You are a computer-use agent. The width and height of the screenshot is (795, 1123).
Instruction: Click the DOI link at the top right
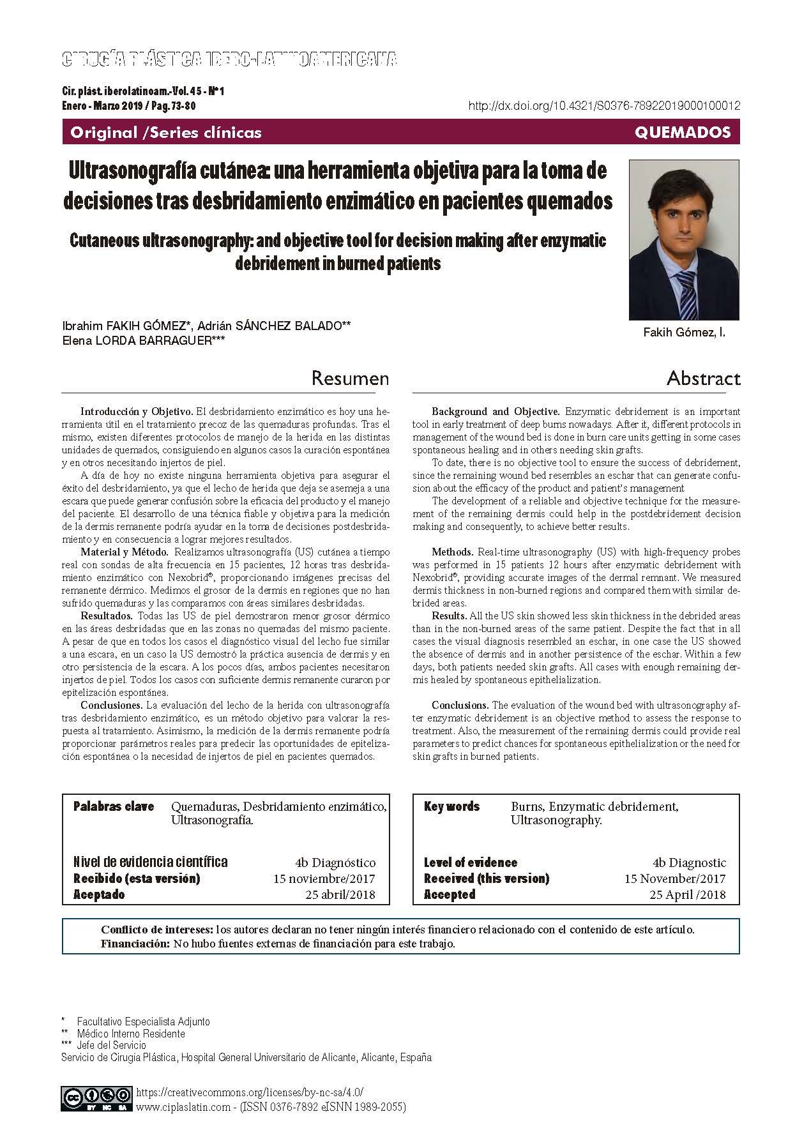tap(604, 107)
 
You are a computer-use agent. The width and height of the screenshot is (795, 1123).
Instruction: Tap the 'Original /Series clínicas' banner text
tap(166, 133)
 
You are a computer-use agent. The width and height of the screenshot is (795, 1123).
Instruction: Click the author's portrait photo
tap(684, 239)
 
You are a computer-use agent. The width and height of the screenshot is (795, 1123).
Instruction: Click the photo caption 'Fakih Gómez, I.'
tap(684, 333)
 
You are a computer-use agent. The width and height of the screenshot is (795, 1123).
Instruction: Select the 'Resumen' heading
tap(350, 379)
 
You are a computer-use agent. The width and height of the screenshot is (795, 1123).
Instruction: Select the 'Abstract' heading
tap(703, 379)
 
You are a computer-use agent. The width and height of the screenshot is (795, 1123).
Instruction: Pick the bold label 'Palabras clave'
tap(114, 806)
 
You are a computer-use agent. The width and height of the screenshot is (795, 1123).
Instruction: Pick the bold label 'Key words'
tap(451, 806)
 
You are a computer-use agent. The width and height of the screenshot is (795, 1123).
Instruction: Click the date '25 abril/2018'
tap(340, 894)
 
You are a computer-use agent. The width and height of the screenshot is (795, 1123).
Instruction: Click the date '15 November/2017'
tap(674, 878)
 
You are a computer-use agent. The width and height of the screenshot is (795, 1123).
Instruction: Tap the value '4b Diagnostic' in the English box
tap(689, 863)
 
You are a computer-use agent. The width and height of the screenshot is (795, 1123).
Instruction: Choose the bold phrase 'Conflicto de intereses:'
tap(157, 930)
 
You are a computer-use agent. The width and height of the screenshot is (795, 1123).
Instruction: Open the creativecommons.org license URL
tap(250, 1092)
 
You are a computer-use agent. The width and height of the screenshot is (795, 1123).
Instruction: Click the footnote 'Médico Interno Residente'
tap(131, 1033)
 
